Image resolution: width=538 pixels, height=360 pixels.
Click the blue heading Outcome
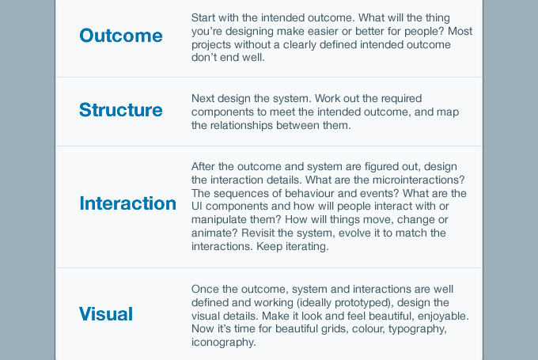click(121, 36)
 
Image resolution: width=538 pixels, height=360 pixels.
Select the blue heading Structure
click(121, 110)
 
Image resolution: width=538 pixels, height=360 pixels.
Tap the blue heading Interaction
click(127, 203)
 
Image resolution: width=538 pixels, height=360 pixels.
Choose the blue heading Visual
click(106, 314)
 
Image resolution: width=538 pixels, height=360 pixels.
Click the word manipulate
click(221, 220)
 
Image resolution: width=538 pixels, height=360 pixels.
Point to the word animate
click(214, 233)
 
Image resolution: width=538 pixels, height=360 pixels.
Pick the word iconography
click(223, 343)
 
